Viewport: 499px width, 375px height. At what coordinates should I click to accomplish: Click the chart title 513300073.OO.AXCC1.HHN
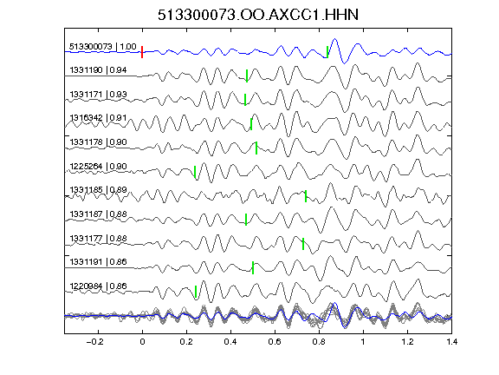click(x=258, y=15)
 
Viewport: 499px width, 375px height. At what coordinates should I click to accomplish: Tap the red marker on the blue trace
click(x=142, y=52)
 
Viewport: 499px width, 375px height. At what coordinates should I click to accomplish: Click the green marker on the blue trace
click(x=327, y=52)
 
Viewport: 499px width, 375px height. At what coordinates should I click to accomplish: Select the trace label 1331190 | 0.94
click(x=98, y=70)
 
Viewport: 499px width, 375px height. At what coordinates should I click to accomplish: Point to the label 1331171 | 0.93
click(x=98, y=95)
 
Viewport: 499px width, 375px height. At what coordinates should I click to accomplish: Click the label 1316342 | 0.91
click(x=98, y=118)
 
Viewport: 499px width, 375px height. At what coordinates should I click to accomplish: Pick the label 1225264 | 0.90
click(x=98, y=167)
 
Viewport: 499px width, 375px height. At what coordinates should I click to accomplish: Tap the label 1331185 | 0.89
click(x=98, y=190)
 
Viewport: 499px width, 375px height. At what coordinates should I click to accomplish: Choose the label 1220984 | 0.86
click(x=98, y=286)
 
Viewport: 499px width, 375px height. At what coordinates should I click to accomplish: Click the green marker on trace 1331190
click(x=247, y=76)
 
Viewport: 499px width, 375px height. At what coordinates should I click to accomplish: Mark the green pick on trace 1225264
click(x=195, y=172)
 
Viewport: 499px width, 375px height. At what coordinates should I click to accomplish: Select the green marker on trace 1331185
click(x=306, y=196)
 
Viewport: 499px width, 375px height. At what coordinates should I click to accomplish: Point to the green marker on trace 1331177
click(x=303, y=244)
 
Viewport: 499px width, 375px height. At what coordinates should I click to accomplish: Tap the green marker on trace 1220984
click(x=196, y=292)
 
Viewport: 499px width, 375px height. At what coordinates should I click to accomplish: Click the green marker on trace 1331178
click(x=256, y=148)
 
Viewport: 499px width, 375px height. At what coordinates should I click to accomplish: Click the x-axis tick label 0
click(x=142, y=342)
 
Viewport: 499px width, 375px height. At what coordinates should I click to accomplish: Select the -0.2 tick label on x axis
click(x=94, y=342)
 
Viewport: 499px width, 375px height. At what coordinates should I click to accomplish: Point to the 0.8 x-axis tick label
click(x=319, y=342)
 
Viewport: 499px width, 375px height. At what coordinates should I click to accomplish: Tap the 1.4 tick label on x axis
click(x=451, y=342)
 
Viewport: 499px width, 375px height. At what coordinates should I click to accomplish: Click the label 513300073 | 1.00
click(x=103, y=47)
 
